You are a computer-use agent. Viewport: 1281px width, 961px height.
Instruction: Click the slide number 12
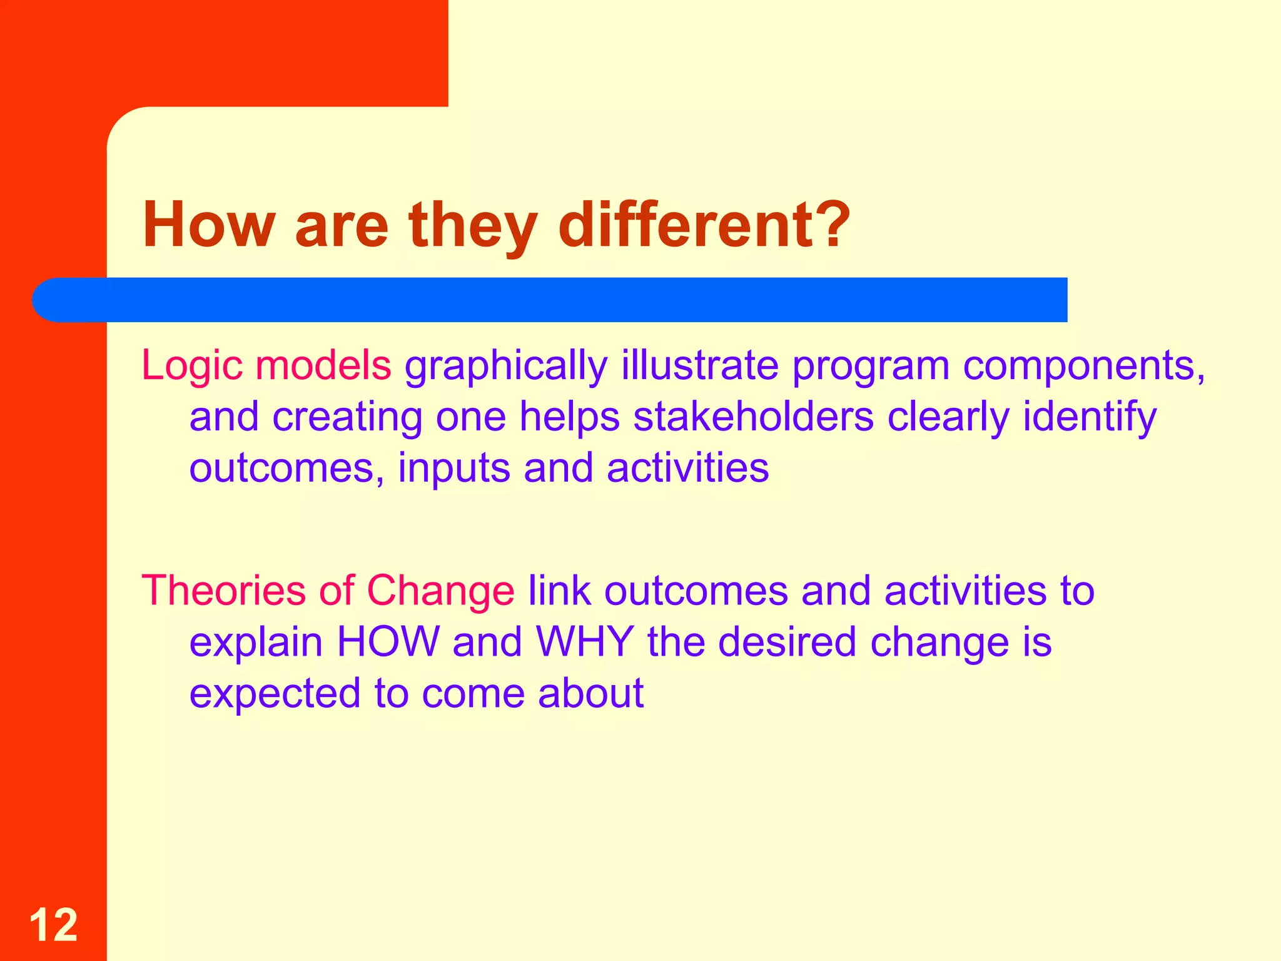point(53,925)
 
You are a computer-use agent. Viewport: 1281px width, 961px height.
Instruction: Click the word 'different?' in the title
point(704,225)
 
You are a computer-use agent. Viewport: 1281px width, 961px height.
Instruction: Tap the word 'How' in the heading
point(209,225)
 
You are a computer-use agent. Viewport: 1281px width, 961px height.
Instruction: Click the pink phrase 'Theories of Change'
point(328,591)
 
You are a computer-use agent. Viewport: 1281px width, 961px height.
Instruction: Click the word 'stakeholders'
point(753,417)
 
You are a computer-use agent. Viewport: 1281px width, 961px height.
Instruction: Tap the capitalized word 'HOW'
point(388,642)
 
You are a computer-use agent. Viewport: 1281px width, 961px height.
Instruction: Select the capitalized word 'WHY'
point(585,642)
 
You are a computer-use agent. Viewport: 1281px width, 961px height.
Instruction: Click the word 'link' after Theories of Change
point(559,591)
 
